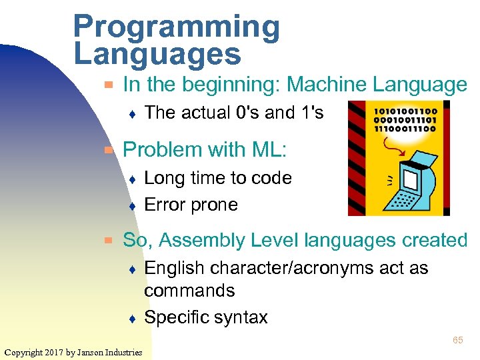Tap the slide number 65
(457, 340)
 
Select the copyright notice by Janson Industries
(73, 352)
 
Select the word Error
(165, 205)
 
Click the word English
(175, 268)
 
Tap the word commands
(189, 291)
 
